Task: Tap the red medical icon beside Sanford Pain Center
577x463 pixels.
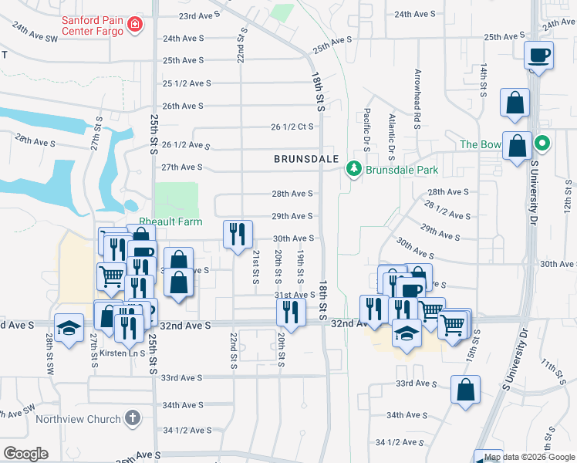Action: click(x=135, y=25)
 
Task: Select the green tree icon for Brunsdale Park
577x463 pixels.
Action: click(x=354, y=168)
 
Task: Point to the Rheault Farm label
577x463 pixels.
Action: click(x=170, y=221)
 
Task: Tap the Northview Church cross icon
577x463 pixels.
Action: click(x=132, y=419)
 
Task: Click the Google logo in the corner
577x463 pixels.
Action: click(x=25, y=454)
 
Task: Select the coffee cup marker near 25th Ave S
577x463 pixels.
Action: click(x=538, y=56)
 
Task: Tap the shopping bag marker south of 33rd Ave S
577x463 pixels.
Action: click(x=466, y=390)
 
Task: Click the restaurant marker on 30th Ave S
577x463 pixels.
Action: click(x=238, y=233)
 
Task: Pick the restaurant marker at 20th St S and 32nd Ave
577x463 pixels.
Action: click(x=290, y=311)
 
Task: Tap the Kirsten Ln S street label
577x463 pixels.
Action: click(x=116, y=353)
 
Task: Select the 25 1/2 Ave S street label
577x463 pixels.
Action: click(x=187, y=83)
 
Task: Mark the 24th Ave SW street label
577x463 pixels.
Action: click(x=35, y=32)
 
